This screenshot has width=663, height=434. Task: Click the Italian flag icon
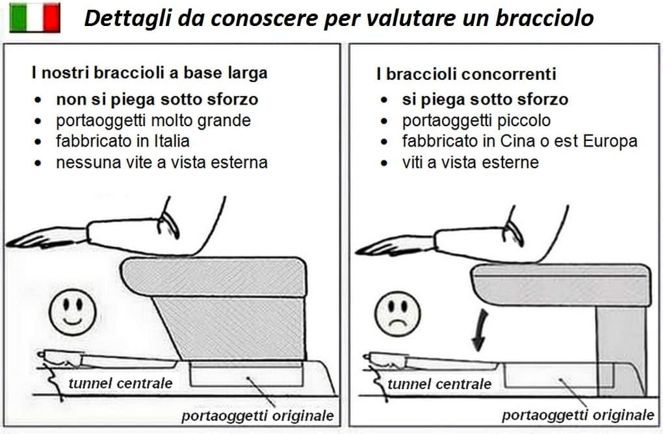(34, 18)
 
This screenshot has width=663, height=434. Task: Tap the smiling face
(73, 313)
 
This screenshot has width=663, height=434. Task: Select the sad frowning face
(398, 314)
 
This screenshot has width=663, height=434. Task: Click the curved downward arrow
(480, 330)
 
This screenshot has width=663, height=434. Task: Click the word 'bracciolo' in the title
(545, 18)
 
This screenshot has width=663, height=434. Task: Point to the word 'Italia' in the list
(172, 141)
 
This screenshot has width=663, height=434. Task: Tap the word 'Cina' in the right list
(519, 141)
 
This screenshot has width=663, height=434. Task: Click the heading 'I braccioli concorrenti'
(466, 74)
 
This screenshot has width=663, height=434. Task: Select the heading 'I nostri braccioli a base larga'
(149, 73)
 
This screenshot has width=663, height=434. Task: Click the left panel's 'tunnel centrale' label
(120, 383)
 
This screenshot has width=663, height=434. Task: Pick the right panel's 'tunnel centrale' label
(439, 384)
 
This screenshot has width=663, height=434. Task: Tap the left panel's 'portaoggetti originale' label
(257, 416)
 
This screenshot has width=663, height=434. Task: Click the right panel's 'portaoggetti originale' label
(578, 415)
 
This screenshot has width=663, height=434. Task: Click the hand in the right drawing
(396, 246)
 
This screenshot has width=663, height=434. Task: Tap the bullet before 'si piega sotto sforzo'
(383, 100)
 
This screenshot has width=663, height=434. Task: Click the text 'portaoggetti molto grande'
(153, 121)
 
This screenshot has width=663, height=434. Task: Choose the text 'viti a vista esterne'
(471, 162)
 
